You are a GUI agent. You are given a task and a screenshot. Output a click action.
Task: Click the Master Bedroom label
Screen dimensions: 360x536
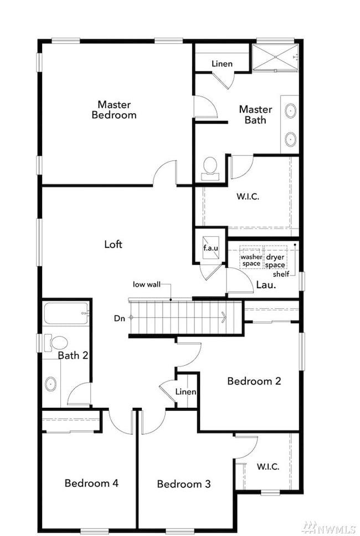click(114, 109)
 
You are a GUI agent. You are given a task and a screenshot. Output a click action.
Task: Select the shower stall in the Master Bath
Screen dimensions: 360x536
click(275, 57)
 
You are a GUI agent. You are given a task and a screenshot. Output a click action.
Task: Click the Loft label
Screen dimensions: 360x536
click(113, 244)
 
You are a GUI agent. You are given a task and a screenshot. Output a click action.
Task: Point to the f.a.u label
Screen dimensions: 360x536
click(211, 248)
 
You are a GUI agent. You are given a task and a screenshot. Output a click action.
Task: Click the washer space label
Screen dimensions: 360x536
click(251, 260)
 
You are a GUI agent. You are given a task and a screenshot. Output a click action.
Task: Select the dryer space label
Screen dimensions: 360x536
click(275, 261)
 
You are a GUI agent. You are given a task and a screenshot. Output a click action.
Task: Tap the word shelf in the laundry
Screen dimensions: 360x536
click(281, 274)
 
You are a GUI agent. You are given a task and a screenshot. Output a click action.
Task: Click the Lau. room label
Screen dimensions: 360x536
click(266, 285)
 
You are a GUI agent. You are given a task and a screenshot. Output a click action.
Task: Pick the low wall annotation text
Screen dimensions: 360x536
click(147, 284)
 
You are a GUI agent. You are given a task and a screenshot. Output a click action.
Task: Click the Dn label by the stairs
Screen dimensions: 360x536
click(119, 318)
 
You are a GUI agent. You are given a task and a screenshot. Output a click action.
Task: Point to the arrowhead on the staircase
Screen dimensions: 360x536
click(224, 318)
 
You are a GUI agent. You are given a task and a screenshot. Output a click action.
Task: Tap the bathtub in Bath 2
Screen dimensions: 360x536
click(66, 314)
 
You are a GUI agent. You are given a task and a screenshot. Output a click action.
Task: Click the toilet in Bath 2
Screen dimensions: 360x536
click(56, 343)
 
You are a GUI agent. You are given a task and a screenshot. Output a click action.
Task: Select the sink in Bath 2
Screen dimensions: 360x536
click(51, 384)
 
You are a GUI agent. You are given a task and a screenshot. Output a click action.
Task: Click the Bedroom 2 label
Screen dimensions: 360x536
click(254, 381)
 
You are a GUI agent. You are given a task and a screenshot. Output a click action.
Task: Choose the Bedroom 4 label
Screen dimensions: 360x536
click(91, 483)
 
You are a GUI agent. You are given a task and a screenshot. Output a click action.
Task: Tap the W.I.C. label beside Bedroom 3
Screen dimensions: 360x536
click(268, 466)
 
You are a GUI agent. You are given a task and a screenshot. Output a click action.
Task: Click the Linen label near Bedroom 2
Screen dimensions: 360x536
click(186, 392)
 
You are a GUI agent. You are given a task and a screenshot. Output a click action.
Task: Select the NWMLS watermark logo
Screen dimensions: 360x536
click(330, 528)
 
